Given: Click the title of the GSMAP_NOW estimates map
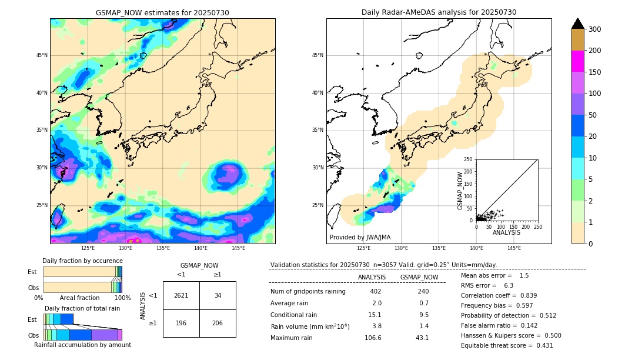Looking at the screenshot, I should pyautogui.click(x=162, y=12).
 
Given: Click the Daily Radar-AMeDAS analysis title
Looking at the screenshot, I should pyautogui.click(x=439, y=12).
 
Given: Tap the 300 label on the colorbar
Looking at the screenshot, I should pyautogui.click(x=595, y=29).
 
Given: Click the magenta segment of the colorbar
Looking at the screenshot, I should pyautogui.click(x=578, y=61).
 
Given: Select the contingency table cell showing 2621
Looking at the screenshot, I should pyautogui.click(x=181, y=295).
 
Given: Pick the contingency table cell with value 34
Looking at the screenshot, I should pyautogui.click(x=218, y=295).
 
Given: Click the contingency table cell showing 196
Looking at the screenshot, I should pyautogui.click(x=181, y=323).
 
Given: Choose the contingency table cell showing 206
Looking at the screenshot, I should pyautogui.click(x=218, y=323).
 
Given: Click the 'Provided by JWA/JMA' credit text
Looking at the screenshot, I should pyautogui.click(x=360, y=238).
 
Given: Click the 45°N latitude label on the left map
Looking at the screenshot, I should pyautogui.click(x=42, y=55).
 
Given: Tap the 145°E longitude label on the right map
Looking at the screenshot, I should pyautogui.click(x=514, y=248).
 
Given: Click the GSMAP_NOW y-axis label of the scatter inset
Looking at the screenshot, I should pyautogui.click(x=461, y=191).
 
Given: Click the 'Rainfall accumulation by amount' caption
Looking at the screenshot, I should pyautogui.click(x=82, y=345).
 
